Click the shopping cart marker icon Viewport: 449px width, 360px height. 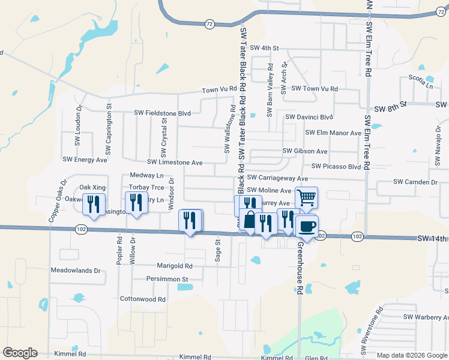[x=306, y=197]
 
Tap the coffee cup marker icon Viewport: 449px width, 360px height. [x=307, y=226]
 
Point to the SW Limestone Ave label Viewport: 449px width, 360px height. [x=175, y=163]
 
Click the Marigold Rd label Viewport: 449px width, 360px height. [x=172, y=266]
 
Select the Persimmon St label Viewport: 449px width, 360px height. [x=168, y=279]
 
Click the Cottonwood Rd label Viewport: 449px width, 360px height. [x=143, y=299]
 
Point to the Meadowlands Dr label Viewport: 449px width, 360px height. [x=76, y=271]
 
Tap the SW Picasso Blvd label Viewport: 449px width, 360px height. [x=336, y=166]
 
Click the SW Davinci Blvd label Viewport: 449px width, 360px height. [x=309, y=117]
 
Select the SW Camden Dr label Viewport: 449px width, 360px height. [x=415, y=182]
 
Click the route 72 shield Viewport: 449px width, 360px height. [x=209, y=24]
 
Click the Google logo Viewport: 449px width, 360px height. [x=20, y=353]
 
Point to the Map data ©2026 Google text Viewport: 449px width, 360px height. [x=411, y=355]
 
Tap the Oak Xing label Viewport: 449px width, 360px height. [x=92, y=187]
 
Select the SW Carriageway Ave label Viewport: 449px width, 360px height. [x=277, y=178]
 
